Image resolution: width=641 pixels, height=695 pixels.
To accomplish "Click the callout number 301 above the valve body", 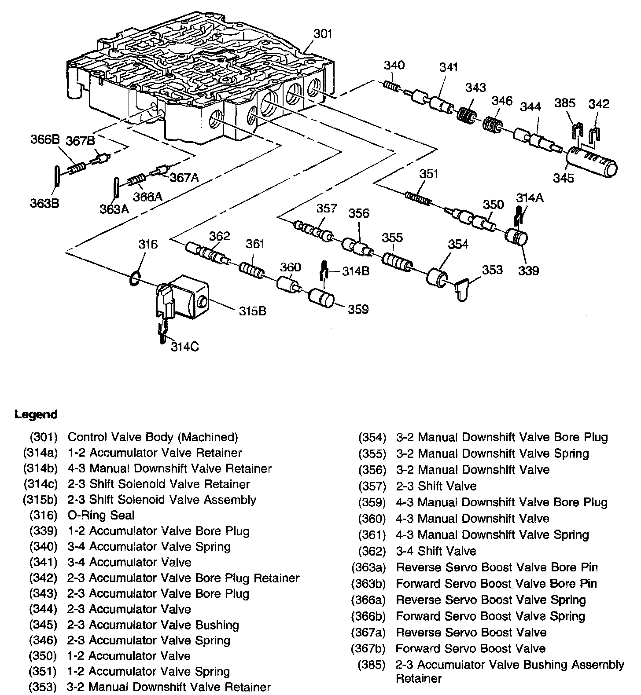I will (323, 33).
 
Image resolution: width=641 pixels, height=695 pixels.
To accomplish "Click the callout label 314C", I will (184, 347).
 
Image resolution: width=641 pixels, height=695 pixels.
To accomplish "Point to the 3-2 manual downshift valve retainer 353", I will (462, 289).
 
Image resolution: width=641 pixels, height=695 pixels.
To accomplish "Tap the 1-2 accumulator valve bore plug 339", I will (516, 238).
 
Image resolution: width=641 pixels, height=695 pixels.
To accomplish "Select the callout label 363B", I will (44, 203).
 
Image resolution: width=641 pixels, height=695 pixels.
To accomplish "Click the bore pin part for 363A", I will (116, 187).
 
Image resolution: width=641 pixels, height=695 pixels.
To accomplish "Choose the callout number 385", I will (564, 103).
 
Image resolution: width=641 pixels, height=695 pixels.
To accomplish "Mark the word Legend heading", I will (36, 414).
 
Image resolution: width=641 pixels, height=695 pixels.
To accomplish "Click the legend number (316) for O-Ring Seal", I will (44, 515).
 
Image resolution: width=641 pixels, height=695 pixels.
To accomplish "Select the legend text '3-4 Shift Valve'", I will (436, 551).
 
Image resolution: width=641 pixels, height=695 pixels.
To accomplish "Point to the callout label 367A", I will (184, 177).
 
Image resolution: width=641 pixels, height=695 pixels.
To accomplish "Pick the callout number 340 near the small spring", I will (394, 65).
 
